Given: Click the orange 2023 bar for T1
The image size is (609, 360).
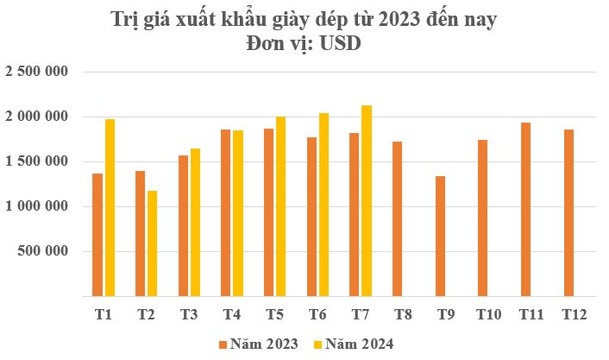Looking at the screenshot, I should pyautogui.click(x=97, y=235).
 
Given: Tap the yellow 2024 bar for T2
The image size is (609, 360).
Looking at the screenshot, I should pyautogui.click(x=153, y=243).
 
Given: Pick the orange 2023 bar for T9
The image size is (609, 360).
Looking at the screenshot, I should pyautogui.click(x=441, y=236).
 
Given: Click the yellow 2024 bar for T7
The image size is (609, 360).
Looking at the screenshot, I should pyautogui.click(x=367, y=201).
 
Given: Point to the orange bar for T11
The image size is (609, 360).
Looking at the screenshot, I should pyautogui.click(x=526, y=210).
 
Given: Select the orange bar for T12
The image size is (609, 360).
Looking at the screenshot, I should pyautogui.click(x=569, y=213).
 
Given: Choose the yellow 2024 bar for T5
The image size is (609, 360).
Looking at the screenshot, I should pyautogui.click(x=280, y=206).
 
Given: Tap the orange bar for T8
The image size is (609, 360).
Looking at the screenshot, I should pyautogui.click(x=398, y=219).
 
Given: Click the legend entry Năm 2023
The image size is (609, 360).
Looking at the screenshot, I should pyautogui.click(x=259, y=344).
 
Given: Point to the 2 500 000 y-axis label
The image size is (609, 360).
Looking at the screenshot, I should pyautogui.click(x=37, y=72).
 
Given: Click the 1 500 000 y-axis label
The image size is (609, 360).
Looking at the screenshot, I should pyautogui.click(x=37, y=161).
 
